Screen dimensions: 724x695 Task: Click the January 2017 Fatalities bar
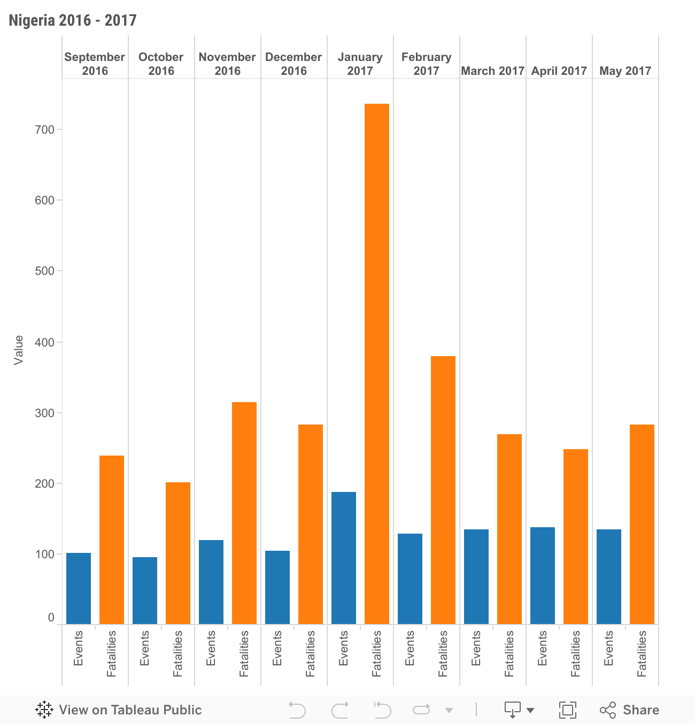[x=377, y=364]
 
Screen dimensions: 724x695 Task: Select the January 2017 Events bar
[x=344, y=558]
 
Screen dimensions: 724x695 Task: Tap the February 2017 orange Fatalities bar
[x=443, y=490]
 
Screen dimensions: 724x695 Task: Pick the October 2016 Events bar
[x=145, y=590]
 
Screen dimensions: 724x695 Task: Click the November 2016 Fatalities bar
[x=244, y=513]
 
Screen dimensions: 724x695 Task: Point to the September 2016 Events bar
[x=79, y=588]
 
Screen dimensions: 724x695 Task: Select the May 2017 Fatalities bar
[x=642, y=524]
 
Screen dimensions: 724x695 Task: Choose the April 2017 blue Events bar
[x=543, y=575]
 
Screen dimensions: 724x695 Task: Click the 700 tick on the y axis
[x=44, y=129]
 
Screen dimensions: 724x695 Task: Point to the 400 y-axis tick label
[x=44, y=342]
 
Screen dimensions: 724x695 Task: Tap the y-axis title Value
[x=19, y=350]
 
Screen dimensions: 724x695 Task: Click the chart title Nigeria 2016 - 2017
[x=73, y=20]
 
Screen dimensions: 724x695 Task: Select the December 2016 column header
[x=294, y=64]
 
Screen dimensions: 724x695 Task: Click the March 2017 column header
[x=492, y=71]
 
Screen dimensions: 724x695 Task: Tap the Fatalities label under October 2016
[x=178, y=653]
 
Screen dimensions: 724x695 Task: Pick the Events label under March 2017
[x=476, y=648]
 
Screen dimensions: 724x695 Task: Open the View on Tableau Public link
[x=119, y=710]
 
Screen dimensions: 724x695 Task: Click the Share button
[x=629, y=710]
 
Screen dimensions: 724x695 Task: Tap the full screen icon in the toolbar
[x=567, y=710]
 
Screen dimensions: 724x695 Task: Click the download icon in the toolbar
[x=512, y=710]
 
